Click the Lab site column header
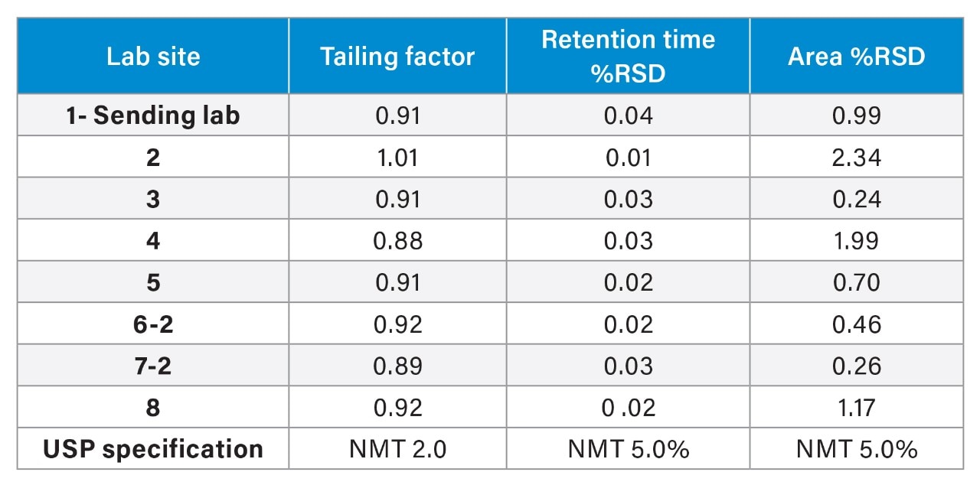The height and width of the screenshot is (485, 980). pos(153,57)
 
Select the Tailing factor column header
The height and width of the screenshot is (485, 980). pos(397,57)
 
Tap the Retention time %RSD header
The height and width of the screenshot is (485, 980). pos(628,56)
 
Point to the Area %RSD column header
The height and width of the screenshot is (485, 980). pos(856,57)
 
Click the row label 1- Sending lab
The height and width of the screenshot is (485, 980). pos(153,116)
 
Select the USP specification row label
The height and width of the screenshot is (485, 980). pos(153,449)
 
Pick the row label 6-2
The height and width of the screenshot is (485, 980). pos(153,324)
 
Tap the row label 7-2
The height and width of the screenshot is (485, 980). pos(153,366)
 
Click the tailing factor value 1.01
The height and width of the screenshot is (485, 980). pos(397,158)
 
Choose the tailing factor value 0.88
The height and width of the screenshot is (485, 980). pos(397,241)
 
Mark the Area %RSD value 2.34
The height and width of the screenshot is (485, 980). pos(856,158)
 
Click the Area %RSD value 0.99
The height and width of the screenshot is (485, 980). pos(856,116)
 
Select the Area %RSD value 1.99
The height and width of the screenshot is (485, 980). pos(856,241)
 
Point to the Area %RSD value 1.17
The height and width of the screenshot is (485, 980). pos(856,408)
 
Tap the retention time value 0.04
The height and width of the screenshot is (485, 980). pos(628,116)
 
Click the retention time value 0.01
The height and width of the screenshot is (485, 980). pos(628,158)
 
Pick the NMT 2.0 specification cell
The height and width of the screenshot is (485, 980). pos(397,449)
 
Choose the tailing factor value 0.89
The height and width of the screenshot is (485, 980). pos(397,366)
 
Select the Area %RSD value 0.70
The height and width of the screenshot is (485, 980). pos(856,282)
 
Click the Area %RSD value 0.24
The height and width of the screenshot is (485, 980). pos(856,199)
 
